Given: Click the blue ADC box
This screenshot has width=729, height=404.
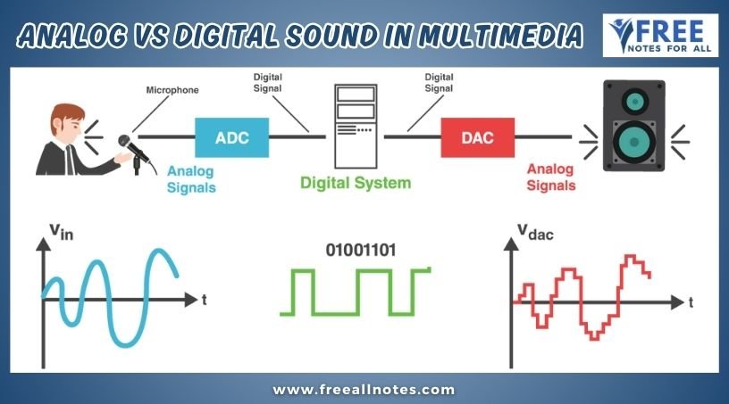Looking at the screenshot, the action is pyautogui.click(x=232, y=137).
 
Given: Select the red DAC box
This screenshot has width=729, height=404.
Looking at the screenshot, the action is pyautogui.click(x=477, y=137).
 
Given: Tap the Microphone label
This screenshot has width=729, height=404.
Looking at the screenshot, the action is pyautogui.click(x=172, y=90).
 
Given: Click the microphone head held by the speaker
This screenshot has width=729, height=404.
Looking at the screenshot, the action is pyautogui.click(x=124, y=141).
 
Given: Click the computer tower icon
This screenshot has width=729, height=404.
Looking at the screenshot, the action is pyautogui.click(x=356, y=126).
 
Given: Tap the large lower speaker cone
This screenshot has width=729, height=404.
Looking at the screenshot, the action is pyautogui.click(x=634, y=142).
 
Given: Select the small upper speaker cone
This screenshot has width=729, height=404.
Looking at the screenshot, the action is pyautogui.click(x=634, y=101).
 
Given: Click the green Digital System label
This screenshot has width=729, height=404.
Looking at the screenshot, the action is pyautogui.click(x=356, y=183).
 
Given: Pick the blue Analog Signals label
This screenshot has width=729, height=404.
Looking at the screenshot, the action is pyautogui.click(x=191, y=179).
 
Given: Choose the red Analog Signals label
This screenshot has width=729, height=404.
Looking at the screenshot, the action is pyautogui.click(x=551, y=177).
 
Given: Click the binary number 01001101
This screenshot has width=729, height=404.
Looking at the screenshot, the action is pyautogui.click(x=361, y=251).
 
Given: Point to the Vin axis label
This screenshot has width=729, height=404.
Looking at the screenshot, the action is pyautogui.click(x=62, y=231).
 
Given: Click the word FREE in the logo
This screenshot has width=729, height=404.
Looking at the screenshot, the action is pyautogui.click(x=668, y=31).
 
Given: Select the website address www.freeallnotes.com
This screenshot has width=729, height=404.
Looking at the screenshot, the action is pyautogui.click(x=364, y=390).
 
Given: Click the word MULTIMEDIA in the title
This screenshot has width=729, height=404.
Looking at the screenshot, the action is pyautogui.click(x=500, y=36).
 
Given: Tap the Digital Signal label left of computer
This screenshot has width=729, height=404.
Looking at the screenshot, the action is pyautogui.click(x=267, y=83).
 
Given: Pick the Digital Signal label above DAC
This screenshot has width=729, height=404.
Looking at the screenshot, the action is pyautogui.click(x=439, y=83).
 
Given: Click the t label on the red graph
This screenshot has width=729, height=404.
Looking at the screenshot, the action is pyautogui.click(x=691, y=302).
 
